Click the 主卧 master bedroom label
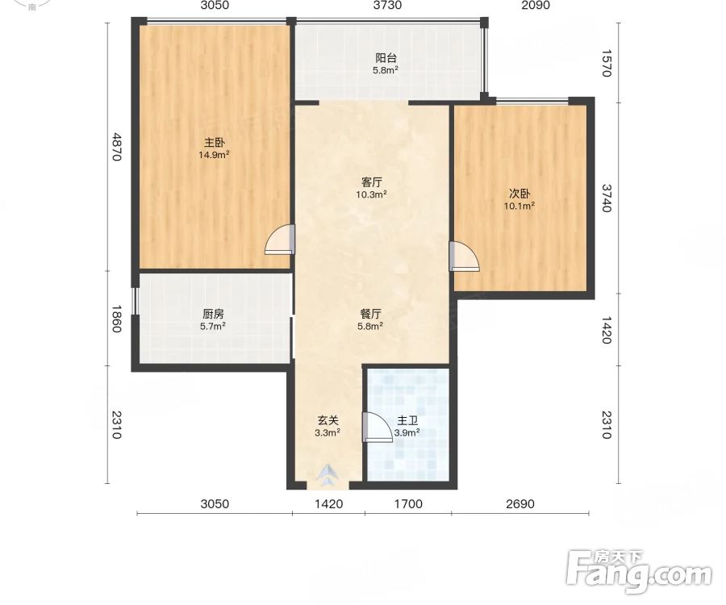[x=215, y=142]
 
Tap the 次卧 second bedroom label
[x=519, y=194]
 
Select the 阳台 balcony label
[x=386, y=58]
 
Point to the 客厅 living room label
[x=371, y=182]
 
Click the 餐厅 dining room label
[x=370, y=314]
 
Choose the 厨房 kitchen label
[x=213, y=314]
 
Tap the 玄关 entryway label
[x=328, y=420]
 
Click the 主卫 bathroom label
[x=407, y=421]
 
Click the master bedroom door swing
[x=280, y=240]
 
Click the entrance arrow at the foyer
[x=328, y=475]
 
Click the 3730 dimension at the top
[x=387, y=5]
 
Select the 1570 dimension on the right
[x=607, y=63]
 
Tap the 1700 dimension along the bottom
[x=408, y=503]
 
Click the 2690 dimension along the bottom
[x=520, y=503]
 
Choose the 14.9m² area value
[x=215, y=155]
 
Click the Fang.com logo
[x=639, y=572]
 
